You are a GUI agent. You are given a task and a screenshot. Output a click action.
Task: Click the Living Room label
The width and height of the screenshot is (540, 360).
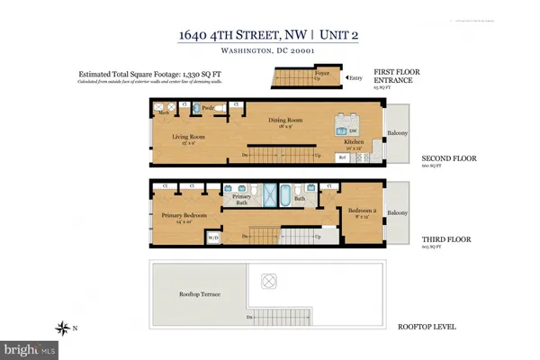[x=190, y=137]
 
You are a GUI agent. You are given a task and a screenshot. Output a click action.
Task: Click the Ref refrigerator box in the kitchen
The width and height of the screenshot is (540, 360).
[x=342, y=158]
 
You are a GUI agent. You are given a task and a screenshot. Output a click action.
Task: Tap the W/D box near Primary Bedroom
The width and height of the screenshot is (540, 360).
[x=213, y=239]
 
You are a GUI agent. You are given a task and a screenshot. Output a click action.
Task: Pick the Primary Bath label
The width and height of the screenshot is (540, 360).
[x=240, y=200]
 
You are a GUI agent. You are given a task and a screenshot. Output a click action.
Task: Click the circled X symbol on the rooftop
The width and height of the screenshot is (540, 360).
[x=266, y=279]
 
